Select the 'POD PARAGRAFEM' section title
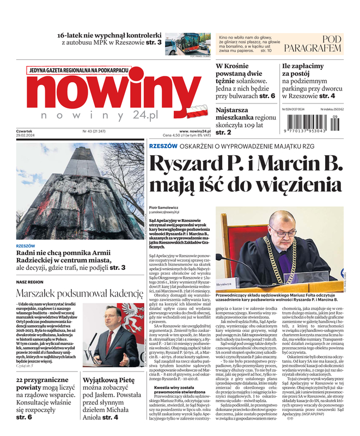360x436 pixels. point(325,44)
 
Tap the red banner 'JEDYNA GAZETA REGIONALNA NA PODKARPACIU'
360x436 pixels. point(78,70)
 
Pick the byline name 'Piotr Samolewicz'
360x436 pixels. point(166,208)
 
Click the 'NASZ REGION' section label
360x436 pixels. point(29,282)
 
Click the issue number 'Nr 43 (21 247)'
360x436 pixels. point(95,131)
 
